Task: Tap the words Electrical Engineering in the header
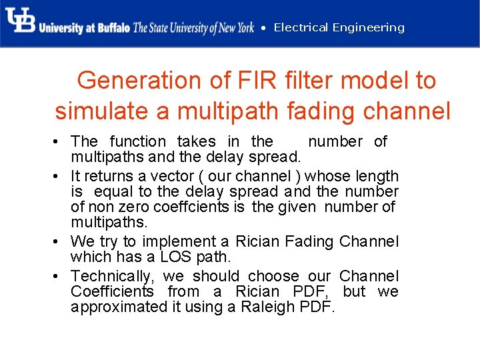tap(339, 27)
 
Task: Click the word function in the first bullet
tap(138, 141)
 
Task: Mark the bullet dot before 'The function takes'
tap(59, 141)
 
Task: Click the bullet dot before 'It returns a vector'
tap(59, 177)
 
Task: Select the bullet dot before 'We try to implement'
tap(59, 241)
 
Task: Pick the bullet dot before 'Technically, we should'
tap(59, 276)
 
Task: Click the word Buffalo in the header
tap(112, 28)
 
